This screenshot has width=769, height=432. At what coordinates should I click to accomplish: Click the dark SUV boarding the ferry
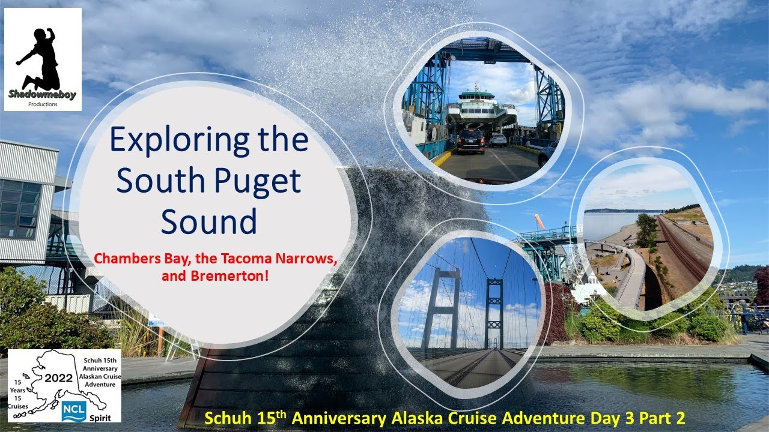point(470,141)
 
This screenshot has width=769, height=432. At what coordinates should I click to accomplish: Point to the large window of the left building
point(18,207)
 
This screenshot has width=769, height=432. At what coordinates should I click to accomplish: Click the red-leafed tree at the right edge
point(762,285)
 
